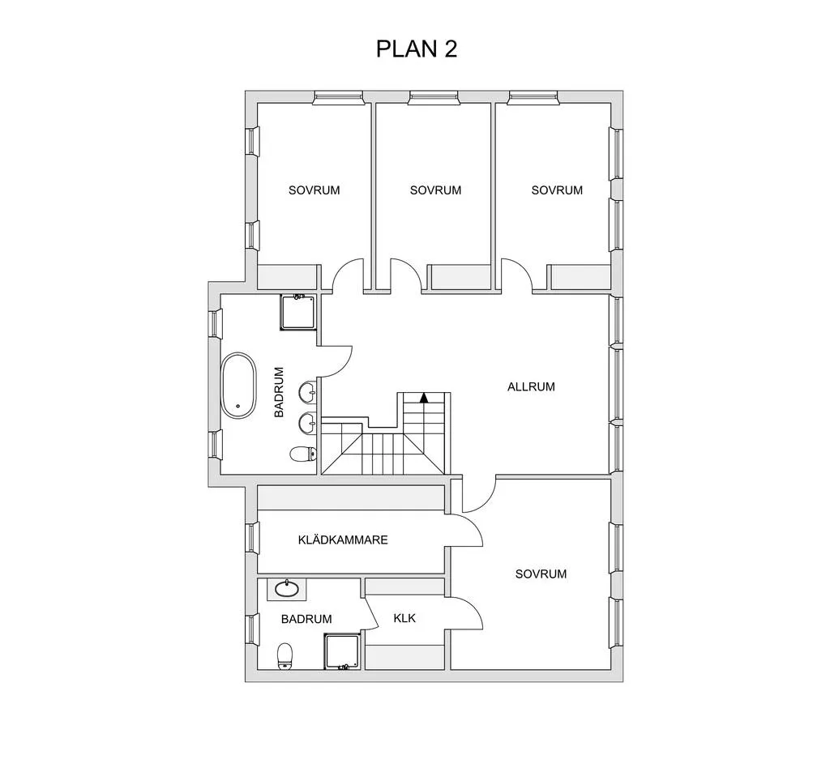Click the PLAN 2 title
(x=416, y=49)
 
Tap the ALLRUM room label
(x=531, y=386)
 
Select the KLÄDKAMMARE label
(x=343, y=540)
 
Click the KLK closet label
(x=405, y=618)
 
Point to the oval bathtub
(x=238, y=386)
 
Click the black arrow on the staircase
(x=424, y=398)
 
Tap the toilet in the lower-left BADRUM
(x=285, y=657)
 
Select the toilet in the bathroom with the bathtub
(x=303, y=454)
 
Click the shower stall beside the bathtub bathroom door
(x=298, y=312)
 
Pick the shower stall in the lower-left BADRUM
(x=343, y=652)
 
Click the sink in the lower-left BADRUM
(x=287, y=589)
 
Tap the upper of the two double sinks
(x=307, y=393)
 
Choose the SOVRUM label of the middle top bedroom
(x=435, y=190)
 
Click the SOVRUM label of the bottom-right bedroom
(x=541, y=574)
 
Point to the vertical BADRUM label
(x=280, y=392)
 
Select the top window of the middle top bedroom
(x=433, y=97)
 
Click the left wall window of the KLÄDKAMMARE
(x=252, y=538)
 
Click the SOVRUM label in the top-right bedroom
(x=557, y=190)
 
